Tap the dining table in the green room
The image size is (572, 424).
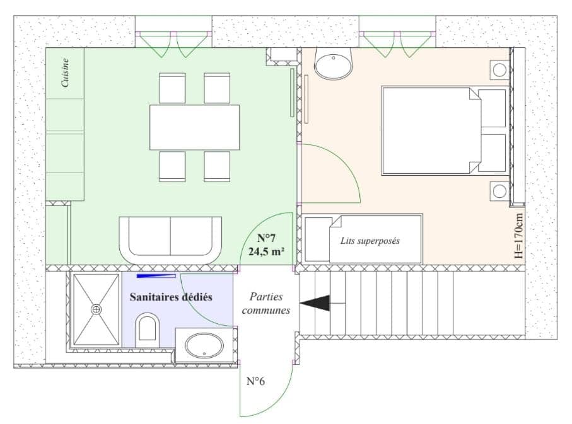point(194,127)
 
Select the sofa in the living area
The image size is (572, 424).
point(170,240)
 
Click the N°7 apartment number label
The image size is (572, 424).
point(266,238)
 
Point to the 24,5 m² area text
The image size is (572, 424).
point(266,251)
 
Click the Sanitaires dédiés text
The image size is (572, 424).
point(170,296)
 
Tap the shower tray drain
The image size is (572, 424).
point(96,309)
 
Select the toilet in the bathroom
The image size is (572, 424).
point(148,329)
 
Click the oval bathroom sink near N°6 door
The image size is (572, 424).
point(203,345)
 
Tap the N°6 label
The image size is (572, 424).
point(255,381)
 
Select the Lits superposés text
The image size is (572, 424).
point(370,241)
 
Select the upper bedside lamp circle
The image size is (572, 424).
point(500,69)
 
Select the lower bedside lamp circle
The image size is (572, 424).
point(500,191)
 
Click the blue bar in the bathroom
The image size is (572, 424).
point(156,275)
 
